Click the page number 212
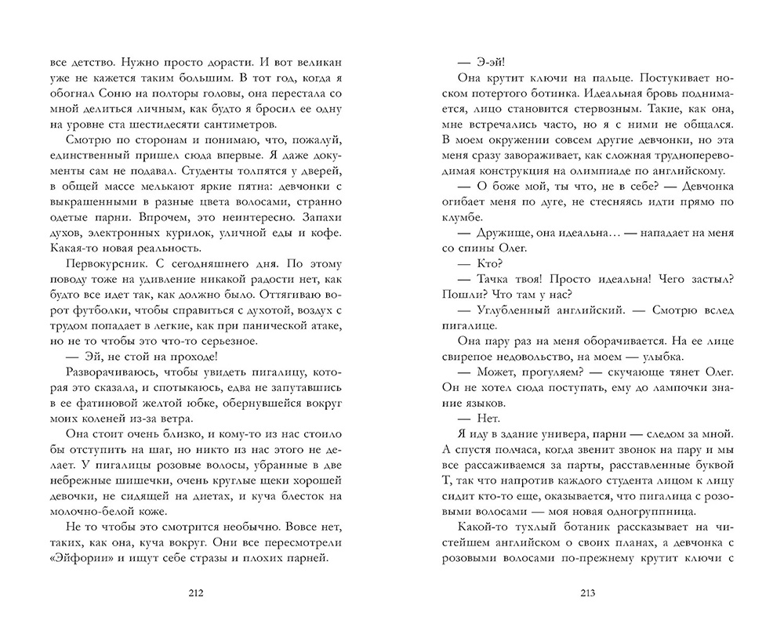click(195, 593)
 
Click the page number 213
click(587, 593)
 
